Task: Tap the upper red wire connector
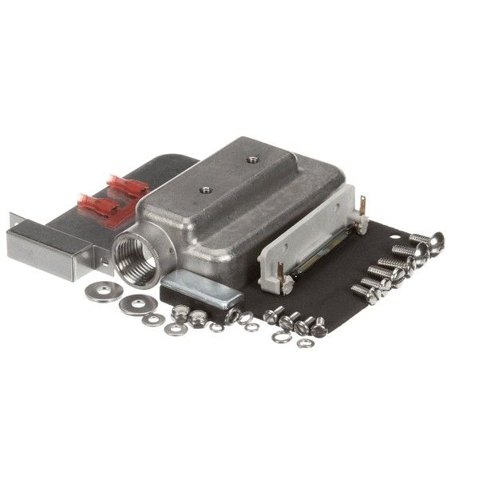[128, 188]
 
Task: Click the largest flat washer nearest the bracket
[100, 292]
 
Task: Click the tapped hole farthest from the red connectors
[252, 160]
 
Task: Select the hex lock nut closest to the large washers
[180, 315]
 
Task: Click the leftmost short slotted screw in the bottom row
[274, 315]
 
